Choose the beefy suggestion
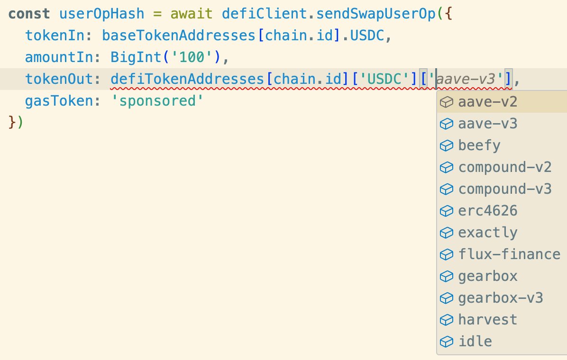point(479,145)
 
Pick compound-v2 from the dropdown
point(504,167)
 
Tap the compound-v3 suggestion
point(504,189)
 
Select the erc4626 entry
point(487,211)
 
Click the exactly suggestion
point(487,233)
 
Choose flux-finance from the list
point(509,254)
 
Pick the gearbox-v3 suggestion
point(500,298)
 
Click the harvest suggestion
point(487,320)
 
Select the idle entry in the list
point(475,342)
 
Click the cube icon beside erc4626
point(446,211)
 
